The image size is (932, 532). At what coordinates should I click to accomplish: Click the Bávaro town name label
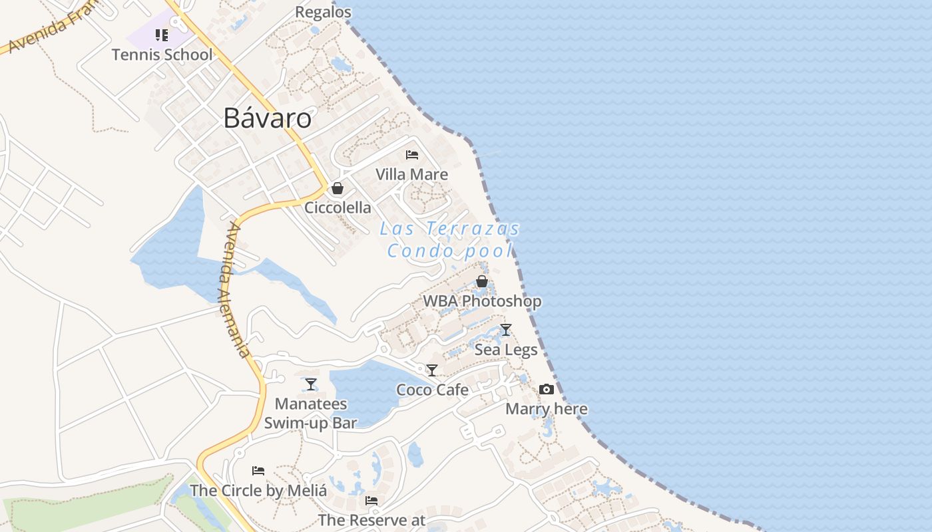[267, 118]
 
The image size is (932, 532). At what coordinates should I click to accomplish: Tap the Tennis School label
[162, 55]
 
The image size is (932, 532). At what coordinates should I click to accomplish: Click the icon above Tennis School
[162, 35]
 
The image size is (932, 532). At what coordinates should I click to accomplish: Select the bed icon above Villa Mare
[412, 155]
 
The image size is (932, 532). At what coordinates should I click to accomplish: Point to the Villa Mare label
[411, 174]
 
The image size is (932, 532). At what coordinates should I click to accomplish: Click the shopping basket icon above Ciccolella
[338, 188]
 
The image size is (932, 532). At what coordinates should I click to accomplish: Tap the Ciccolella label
[338, 207]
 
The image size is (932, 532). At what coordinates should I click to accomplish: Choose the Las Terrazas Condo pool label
[450, 239]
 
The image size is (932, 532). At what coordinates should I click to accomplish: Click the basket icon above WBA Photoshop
[482, 281]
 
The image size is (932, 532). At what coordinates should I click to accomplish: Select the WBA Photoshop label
[482, 301]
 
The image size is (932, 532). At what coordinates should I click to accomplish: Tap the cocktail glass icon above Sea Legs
[506, 329]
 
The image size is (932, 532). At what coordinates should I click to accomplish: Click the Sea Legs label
[506, 349]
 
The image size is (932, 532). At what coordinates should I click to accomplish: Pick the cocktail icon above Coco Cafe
[432, 370]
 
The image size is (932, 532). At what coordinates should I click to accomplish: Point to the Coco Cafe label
[432, 390]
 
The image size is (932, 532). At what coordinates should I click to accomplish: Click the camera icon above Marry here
[547, 389]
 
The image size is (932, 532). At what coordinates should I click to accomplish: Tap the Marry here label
[547, 409]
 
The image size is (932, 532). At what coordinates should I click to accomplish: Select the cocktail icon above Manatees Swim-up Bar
[311, 384]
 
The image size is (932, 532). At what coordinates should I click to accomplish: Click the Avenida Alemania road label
[237, 289]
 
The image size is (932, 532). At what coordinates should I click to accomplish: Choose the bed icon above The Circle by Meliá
[258, 471]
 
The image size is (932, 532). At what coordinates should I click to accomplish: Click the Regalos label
[323, 12]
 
